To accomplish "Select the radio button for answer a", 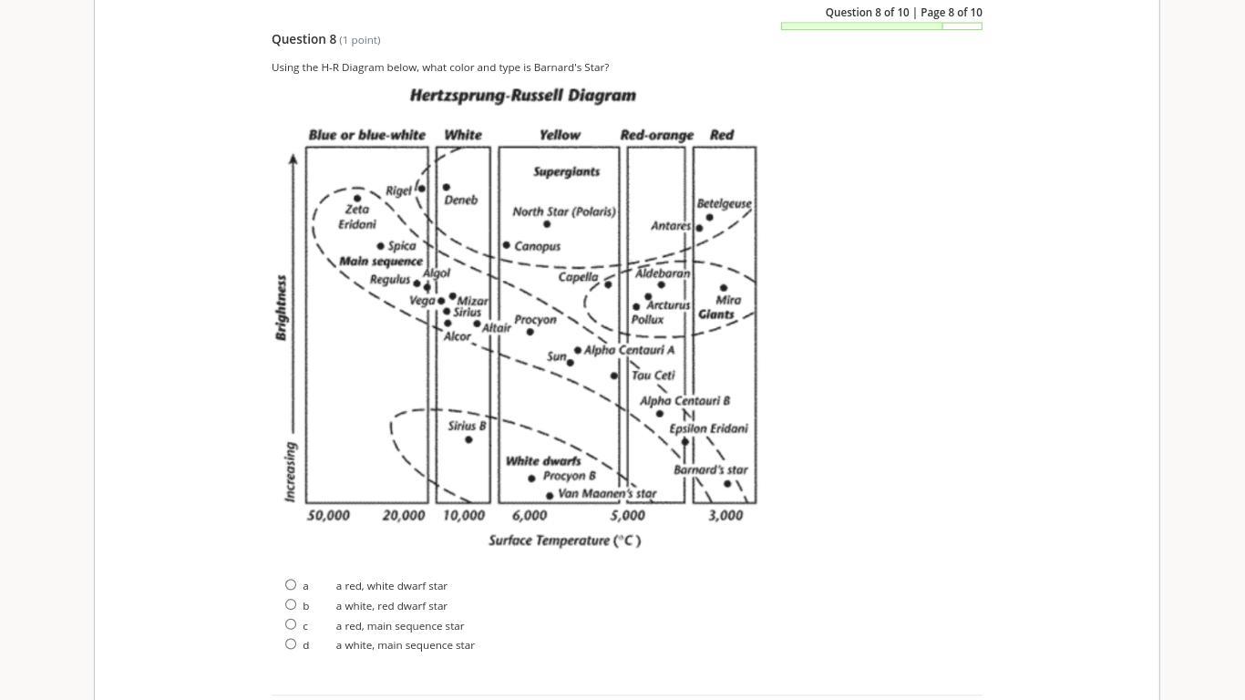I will [x=291, y=585].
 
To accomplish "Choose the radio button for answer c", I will [x=291, y=624].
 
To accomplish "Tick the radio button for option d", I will [x=291, y=644].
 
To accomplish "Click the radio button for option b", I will [x=291, y=604].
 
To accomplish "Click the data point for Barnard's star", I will [x=727, y=484].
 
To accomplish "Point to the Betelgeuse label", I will [x=724, y=203].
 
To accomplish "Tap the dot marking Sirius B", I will [x=468, y=440].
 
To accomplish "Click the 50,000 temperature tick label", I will [x=328, y=515].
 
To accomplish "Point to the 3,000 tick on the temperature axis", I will [x=725, y=515].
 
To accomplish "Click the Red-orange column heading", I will [x=656, y=135].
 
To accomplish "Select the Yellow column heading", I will [x=560, y=135].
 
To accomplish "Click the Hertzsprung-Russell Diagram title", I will [x=522, y=96].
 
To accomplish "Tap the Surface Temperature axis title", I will [x=564, y=540].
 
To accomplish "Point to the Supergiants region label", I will [x=566, y=171].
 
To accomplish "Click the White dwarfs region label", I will [x=543, y=461].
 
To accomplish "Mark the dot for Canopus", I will [x=507, y=245].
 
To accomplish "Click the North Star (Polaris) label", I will [x=564, y=211].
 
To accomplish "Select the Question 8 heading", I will [x=304, y=39].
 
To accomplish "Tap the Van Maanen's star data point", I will [x=550, y=496].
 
